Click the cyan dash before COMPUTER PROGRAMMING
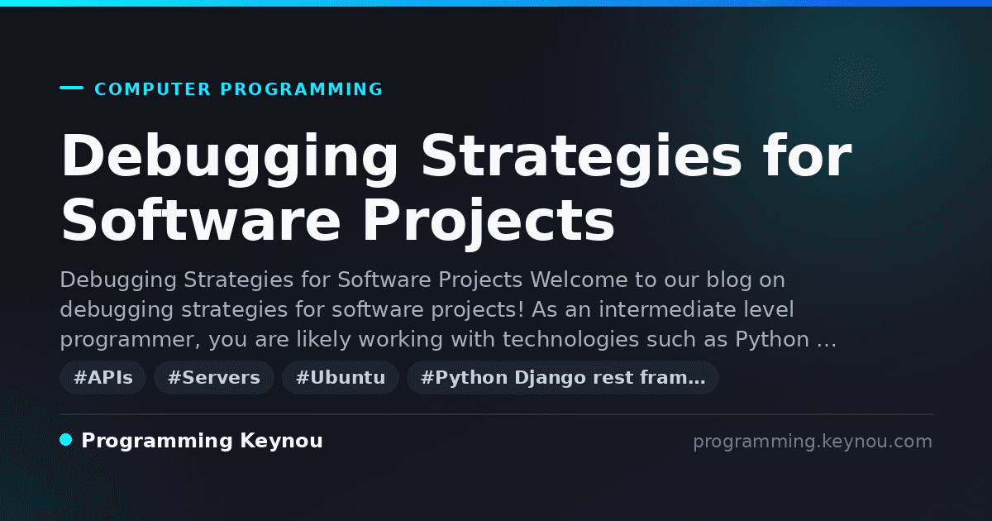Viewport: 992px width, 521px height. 71,88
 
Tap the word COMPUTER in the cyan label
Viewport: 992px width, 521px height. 152,89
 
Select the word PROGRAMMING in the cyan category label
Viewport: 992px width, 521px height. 301,89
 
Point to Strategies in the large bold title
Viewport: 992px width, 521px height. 581,156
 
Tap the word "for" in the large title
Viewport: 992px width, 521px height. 807,155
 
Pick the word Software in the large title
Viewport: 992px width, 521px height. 201,220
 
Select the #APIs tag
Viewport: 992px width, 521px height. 103,377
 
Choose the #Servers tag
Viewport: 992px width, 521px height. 214,377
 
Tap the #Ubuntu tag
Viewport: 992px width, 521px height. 341,377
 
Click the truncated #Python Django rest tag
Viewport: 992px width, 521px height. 563,377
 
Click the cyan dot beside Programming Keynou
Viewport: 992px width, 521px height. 66,440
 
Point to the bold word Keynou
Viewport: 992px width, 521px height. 281,442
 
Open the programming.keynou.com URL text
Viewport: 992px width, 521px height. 813,442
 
